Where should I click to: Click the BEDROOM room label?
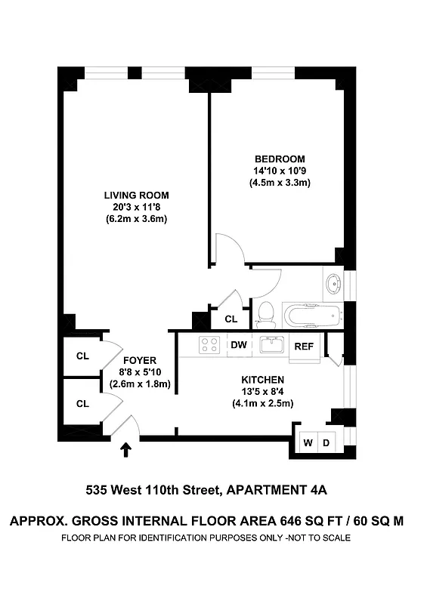tap(280, 159)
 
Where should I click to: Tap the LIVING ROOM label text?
tap(136, 196)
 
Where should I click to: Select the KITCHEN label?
tap(262, 379)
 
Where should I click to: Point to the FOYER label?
tap(139, 360)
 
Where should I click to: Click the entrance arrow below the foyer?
tap(125, 451)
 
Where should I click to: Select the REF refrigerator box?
tap(304, 347)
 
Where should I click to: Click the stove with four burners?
tap(209, 345)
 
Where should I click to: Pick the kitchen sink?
tap(271, 345)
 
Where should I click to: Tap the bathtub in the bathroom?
tap(311, 314)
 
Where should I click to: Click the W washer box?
tap(308, 441)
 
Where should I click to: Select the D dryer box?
tap(326, 441)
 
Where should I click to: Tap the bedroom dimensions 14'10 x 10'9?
tap(280, 171)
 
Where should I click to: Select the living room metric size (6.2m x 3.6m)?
tap(136, 220)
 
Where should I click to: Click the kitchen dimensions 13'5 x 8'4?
tap(262, 391)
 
